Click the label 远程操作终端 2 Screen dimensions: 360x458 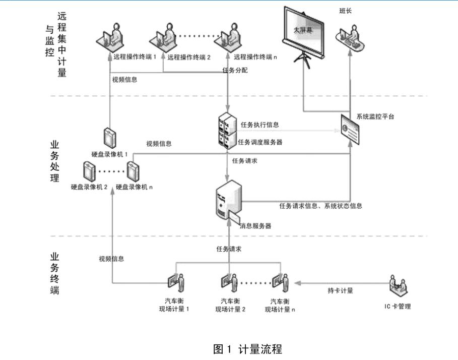[189, 57]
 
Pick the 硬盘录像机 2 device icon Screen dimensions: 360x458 [89, 172]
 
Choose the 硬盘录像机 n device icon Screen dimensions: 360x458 [134, 172]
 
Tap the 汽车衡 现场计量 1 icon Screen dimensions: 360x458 [175, 284]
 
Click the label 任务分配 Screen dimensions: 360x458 [235, 70]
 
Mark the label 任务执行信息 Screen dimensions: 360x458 [259, 125]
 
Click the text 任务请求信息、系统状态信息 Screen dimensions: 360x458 [321, 206]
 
